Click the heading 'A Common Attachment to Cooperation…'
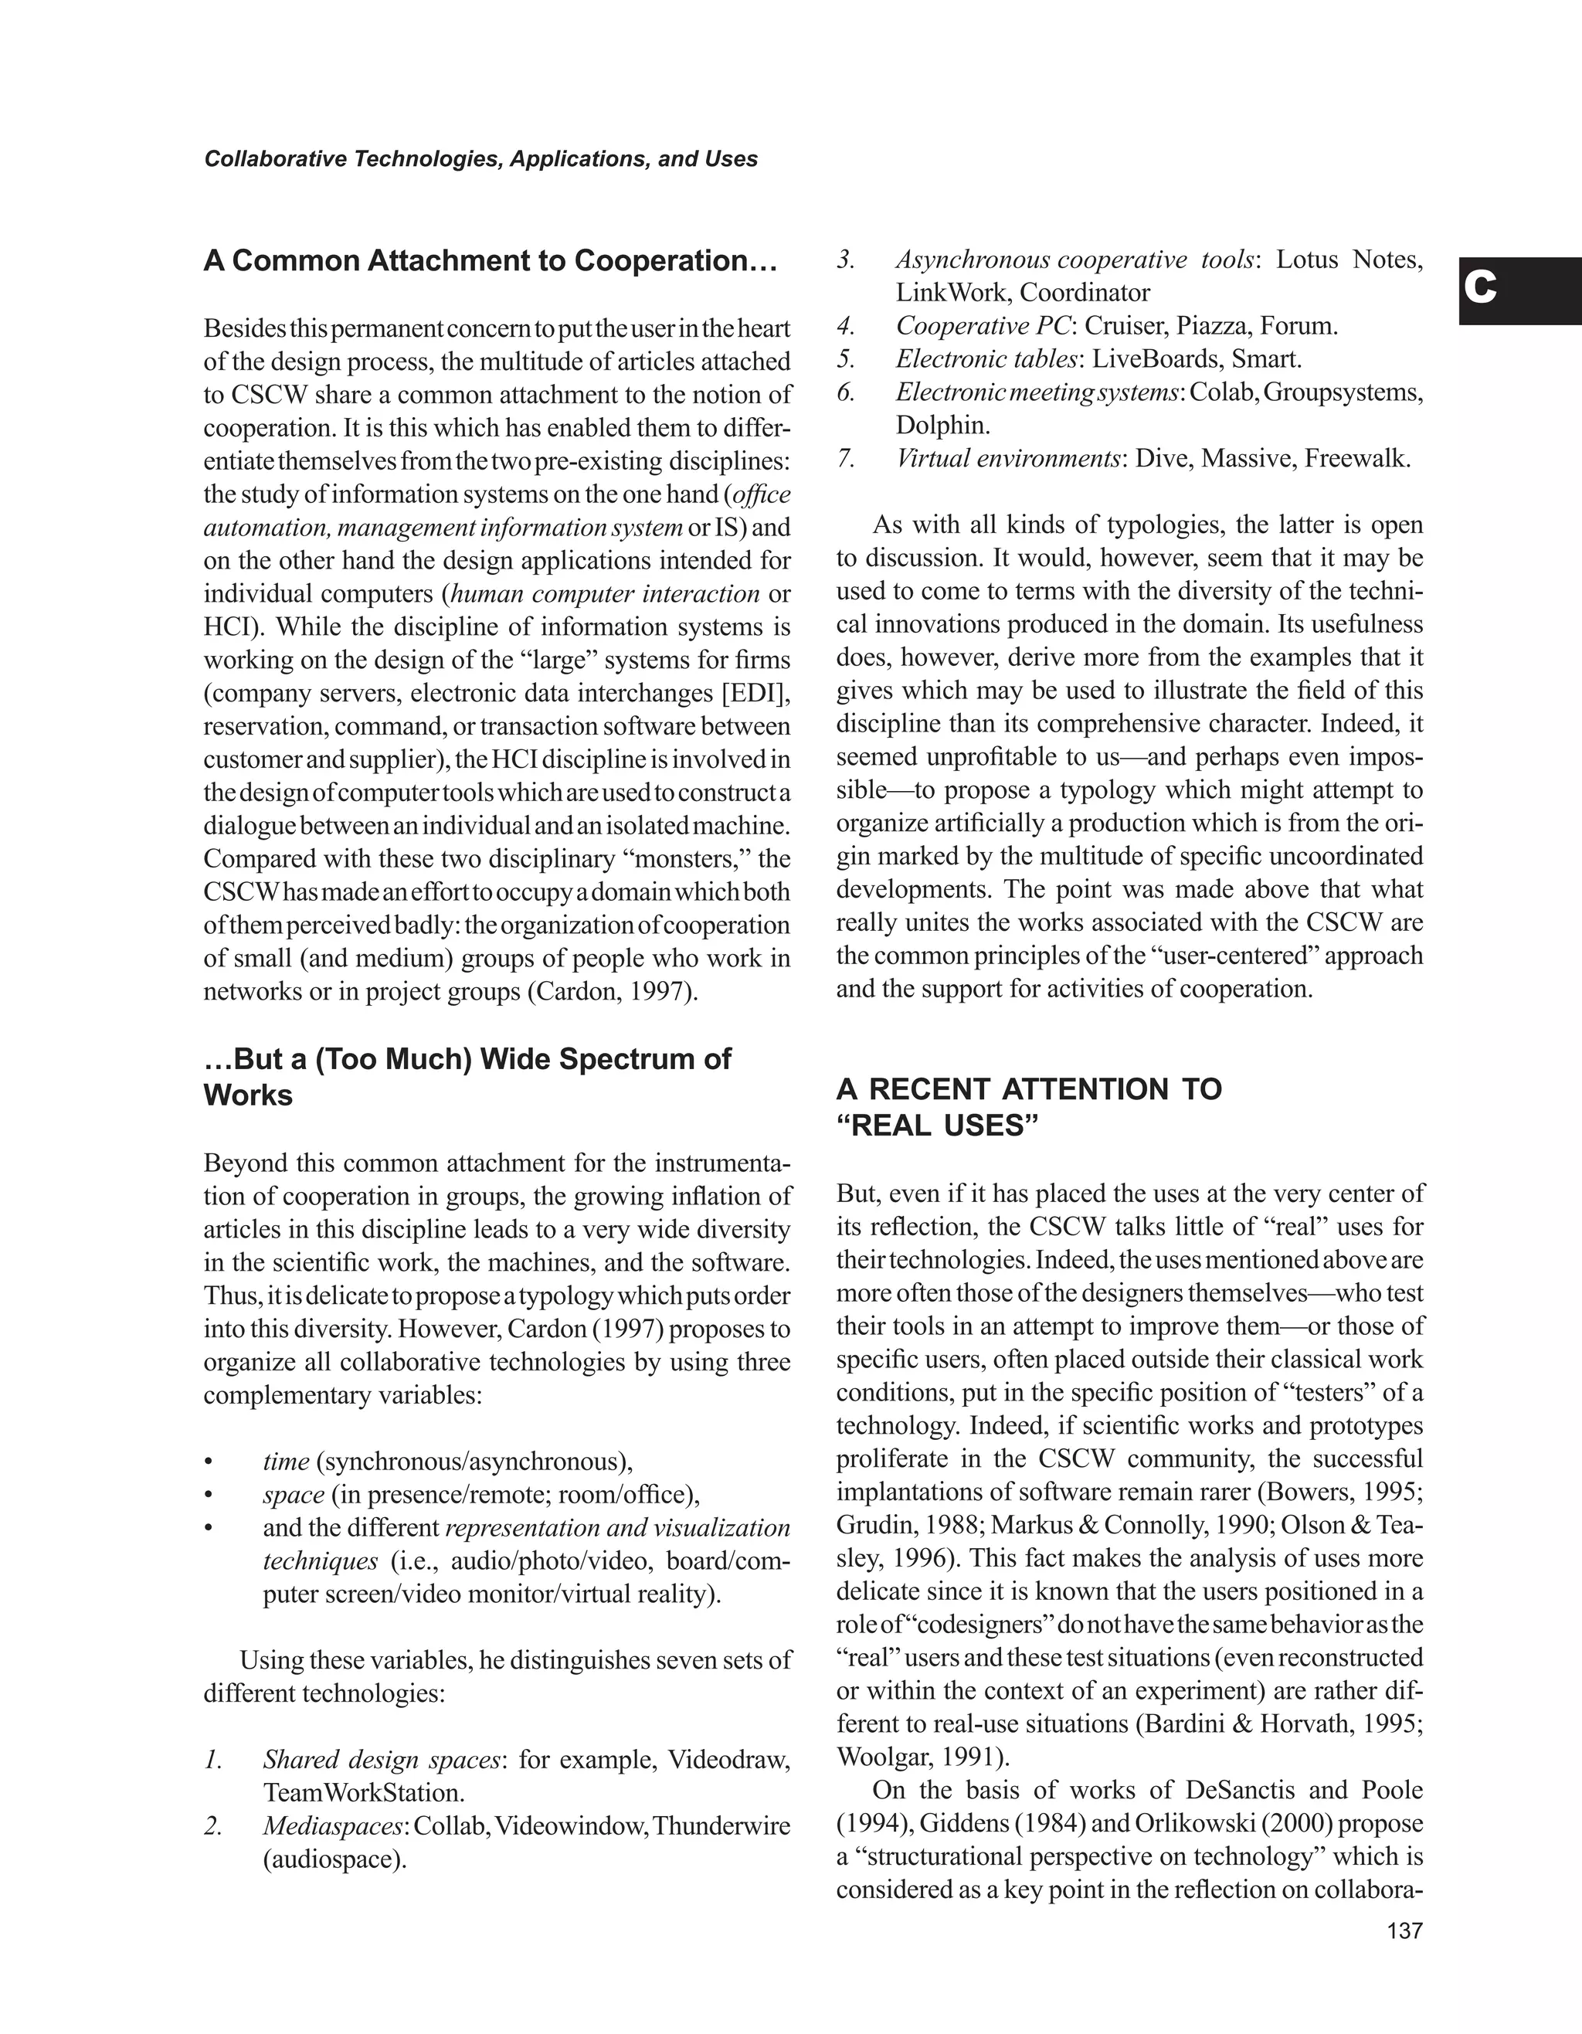490,261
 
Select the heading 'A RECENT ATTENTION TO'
1029,1088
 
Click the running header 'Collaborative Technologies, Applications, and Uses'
480,159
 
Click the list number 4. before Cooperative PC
846,326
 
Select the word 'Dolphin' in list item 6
939,426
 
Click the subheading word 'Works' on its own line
248,1095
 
